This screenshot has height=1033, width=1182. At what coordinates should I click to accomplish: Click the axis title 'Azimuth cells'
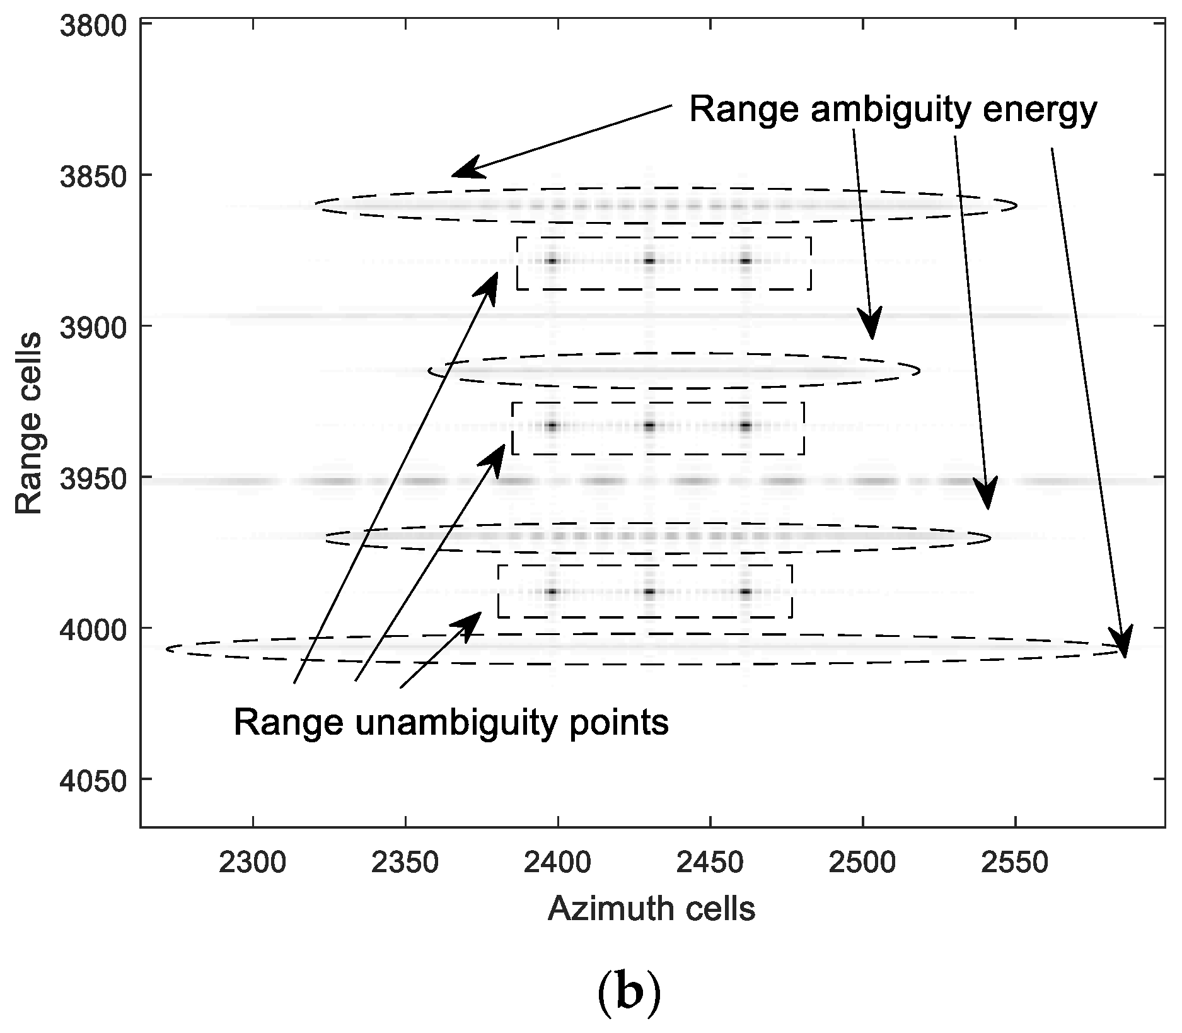pos(651,909)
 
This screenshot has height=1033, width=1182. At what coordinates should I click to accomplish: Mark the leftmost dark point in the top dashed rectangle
pos(552,260)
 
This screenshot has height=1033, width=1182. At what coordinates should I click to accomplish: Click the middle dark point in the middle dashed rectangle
pos(649,426)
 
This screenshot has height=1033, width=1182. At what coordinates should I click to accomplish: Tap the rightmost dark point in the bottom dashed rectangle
pos(746,592)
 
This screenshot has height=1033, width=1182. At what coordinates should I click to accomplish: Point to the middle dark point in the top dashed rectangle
pos(649,260)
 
